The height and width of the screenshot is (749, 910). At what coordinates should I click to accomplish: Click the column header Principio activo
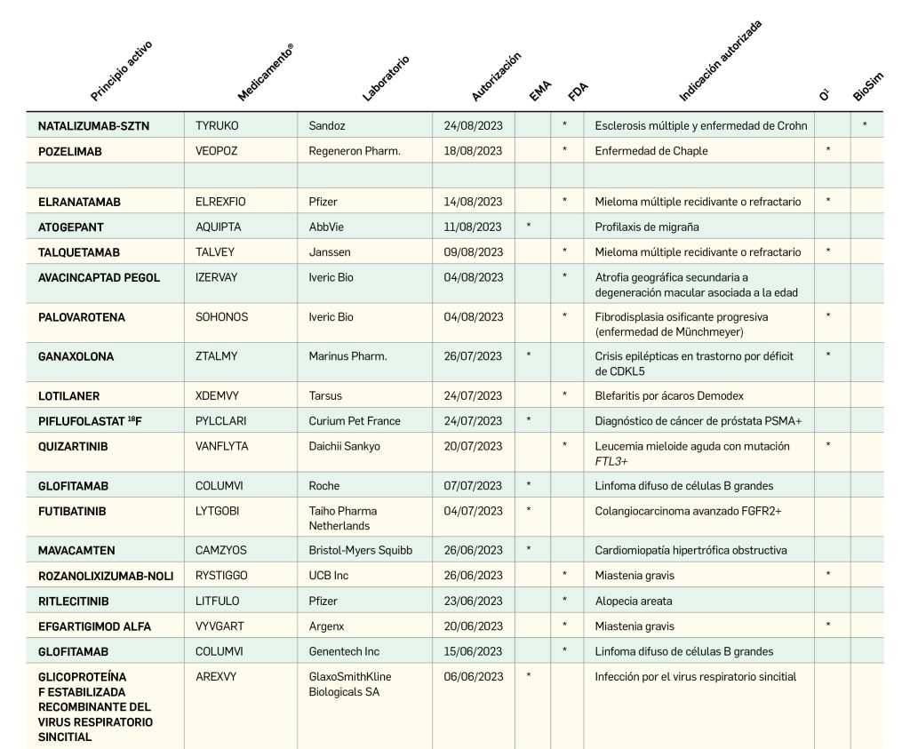tap(122, 71)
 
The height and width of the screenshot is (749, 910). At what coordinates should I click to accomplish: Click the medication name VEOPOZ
tap(218, 151)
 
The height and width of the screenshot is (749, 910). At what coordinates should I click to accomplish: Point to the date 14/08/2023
tap(473, 202)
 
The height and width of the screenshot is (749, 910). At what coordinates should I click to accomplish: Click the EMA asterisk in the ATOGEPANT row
tap(529, 227)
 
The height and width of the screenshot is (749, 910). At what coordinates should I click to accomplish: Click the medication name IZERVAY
tap(217, 277)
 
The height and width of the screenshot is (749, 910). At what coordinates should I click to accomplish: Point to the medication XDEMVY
tap(218, 395)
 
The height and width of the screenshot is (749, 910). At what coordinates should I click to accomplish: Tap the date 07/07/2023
tap(473, 486)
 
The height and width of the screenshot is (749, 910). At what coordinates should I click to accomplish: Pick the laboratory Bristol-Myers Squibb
tap(361, 550)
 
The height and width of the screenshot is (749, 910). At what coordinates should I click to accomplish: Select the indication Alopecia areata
tap(634, 601)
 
